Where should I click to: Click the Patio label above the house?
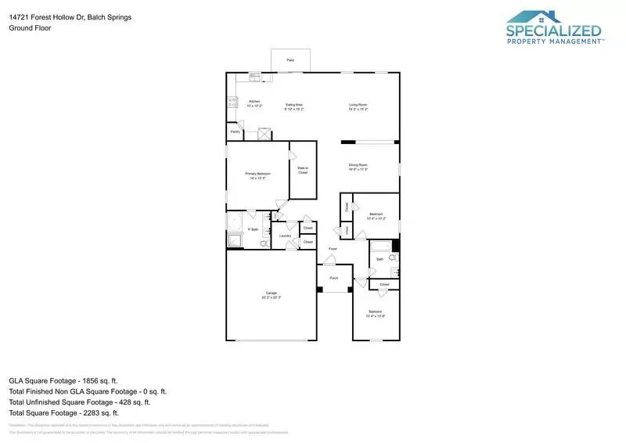[290, 59]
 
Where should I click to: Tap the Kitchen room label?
[254, 103]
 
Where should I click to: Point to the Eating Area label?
[294, 106]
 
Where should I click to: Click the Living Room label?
[358, 106]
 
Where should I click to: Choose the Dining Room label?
[358, 167]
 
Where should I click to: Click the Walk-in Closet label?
[302, 170]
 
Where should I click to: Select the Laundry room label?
[285, 236]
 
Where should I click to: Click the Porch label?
[333, 278]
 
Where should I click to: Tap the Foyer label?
[333, 249]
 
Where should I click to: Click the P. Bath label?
[253, 229]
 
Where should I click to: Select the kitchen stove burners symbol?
[231, 101]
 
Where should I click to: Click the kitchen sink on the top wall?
[255, 77]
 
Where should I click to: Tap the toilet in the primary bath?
[264, 243]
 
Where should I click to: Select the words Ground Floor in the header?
[25, 27]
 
